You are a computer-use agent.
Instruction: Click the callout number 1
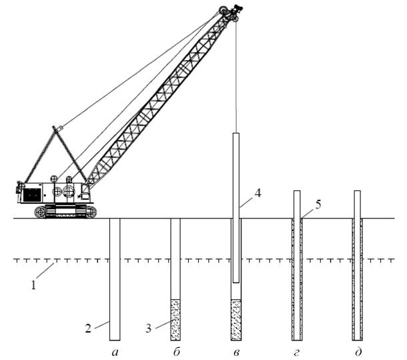pos(33,285)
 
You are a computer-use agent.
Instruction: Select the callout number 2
pos(88,329)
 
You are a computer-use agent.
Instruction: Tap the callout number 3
pos(148,329)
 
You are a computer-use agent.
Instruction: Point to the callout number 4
pos(258,193)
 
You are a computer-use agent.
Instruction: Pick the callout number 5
pos(318,205)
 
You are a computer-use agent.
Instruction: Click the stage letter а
pos(115,353)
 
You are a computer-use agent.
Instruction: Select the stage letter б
pos(176,352)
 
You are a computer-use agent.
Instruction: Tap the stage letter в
pos(236,353)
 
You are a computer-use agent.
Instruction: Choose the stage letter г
pos(296,353)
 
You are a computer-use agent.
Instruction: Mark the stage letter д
pos(358,352)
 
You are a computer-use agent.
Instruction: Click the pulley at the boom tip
pos(224,11)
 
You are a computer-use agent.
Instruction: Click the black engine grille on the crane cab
pos(32,194)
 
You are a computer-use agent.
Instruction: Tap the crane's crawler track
pos(65,211)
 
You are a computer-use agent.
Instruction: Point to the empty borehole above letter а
pos(115,279)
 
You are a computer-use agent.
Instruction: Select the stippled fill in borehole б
pos(175,320)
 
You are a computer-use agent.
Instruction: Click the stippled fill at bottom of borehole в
pos(236,320)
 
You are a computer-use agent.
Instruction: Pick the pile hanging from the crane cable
pos(236,208)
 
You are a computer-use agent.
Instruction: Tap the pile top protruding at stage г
pos(297,204)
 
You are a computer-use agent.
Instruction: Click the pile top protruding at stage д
pos(358,204)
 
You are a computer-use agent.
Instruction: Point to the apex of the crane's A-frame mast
pos(55,128)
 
